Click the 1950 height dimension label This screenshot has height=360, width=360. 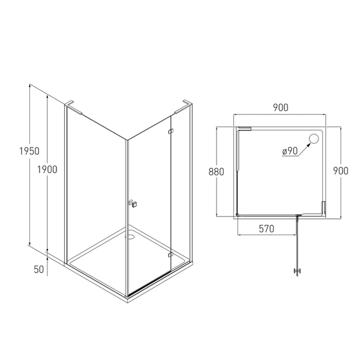[29, 151]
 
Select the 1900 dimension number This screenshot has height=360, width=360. [47, 170]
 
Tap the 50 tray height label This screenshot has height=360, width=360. [39, 269]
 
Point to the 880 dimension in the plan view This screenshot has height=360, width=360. [216, 172]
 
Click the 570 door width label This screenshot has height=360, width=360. [266, 229]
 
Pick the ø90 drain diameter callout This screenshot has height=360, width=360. [290, 151]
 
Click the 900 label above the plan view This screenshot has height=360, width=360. [281, 107]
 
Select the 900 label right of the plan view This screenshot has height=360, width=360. [341, 170]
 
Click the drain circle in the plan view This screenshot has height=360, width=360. [314, 139]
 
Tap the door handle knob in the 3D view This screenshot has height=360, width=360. [133, 203]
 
